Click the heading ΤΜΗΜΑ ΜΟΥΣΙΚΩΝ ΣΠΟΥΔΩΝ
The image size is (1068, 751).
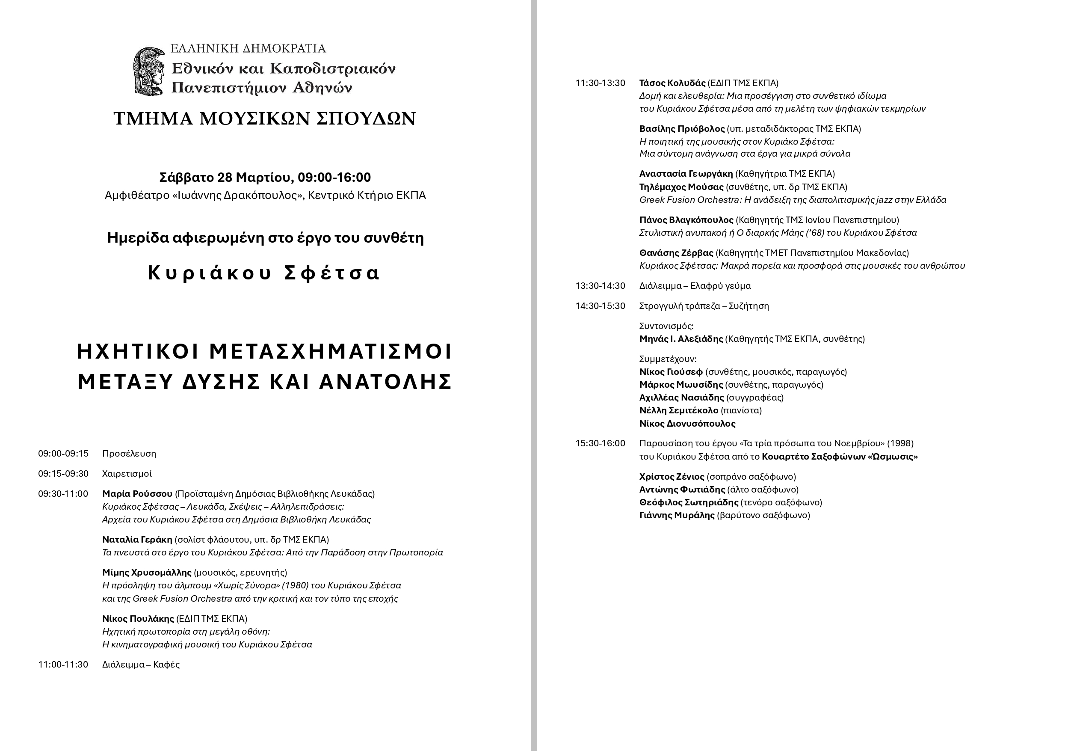[265, 119]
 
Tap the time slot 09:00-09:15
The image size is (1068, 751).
[63, 454]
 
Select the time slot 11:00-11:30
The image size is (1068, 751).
[63, 665]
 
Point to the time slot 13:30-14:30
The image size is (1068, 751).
[600, 286]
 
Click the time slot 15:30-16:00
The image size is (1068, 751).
[600, 443]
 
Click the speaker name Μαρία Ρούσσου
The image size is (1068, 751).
[137, 494]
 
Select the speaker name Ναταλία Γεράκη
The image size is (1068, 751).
[137, 540]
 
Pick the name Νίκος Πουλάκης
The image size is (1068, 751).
[138, 619]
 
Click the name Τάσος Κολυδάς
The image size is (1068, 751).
[672, 83]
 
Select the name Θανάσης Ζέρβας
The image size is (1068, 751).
[676, 253]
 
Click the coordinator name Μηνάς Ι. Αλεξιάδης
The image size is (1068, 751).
[681, 339]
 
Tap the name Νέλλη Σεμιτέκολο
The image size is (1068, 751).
[679, 410]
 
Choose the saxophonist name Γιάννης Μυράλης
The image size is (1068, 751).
[677, 516]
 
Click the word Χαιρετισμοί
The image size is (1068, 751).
[127, 474]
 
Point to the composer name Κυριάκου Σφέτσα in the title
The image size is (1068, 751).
[264, 273]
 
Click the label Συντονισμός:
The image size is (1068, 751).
[666, 326]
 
